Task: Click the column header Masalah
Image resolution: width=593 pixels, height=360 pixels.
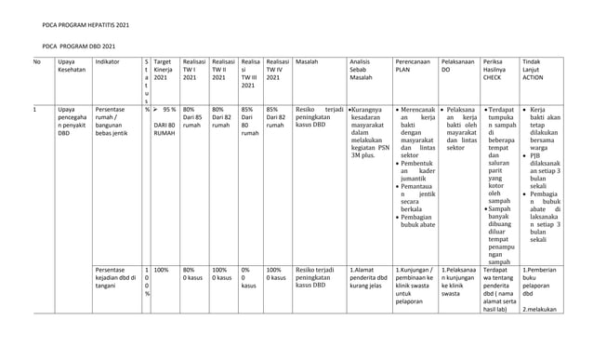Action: pyautogui.click(x=306, y=62)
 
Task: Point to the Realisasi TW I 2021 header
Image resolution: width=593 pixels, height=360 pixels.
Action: pyautogui.click(x=194, y=70)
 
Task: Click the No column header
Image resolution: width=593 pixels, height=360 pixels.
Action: pyautogui.click(x=37, y=62)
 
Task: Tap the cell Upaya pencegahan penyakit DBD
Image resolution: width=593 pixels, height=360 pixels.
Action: pyautogui.click(x=72, y=124)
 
